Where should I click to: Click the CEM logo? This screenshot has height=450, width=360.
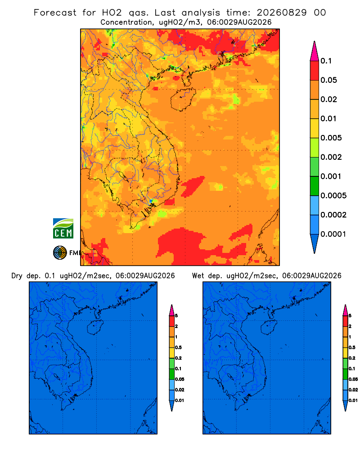63,228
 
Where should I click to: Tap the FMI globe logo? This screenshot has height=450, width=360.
60,253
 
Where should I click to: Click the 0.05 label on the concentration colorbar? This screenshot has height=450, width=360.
328,80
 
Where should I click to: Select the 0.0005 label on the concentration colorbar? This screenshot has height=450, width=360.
333,195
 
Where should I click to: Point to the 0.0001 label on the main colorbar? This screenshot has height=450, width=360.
333,234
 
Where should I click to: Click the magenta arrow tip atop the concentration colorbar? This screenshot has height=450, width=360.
315,51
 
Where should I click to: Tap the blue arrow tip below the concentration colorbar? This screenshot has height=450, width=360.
315,243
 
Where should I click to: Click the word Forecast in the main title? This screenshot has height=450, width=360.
55,13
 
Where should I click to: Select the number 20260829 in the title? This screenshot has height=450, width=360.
282,13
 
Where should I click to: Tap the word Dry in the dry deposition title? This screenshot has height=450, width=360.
17,276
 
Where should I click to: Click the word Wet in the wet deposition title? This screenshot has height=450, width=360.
198,276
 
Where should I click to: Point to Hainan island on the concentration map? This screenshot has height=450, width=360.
183,99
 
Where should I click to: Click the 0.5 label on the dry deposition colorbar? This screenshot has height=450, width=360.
178,347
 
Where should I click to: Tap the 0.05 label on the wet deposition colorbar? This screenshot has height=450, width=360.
353,379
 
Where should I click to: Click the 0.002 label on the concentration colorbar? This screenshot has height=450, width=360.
331,157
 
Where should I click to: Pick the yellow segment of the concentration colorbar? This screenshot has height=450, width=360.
315,128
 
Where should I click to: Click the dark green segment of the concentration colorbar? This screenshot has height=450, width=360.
315,186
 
